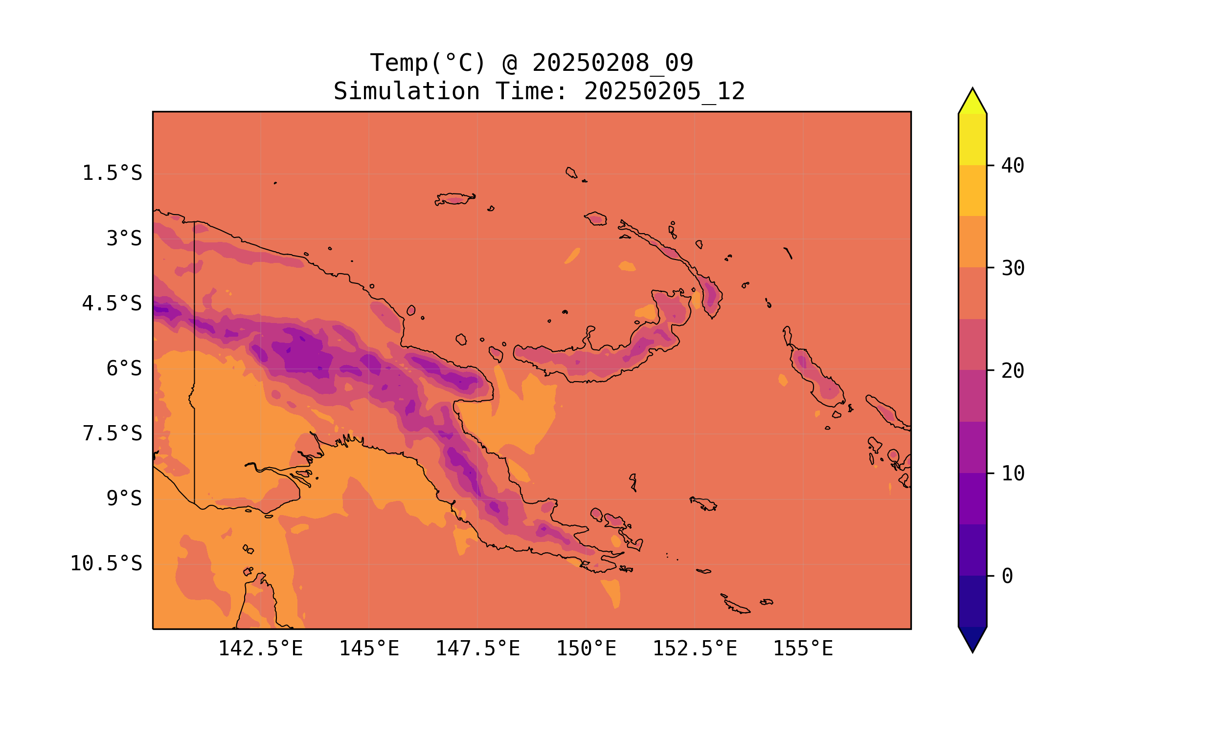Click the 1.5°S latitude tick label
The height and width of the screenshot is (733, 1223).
pyautogui.click(x=112, y=173)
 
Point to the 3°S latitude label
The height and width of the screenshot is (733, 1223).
pyautogui.click(x=124, y=238)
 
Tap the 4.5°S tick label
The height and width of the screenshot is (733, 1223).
pyautogui.click(x=112, y=304)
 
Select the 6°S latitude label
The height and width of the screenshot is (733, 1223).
pyautogui.click(x=124, y=368)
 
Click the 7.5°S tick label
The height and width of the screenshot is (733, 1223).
pyautogui.click(x=112, y=433)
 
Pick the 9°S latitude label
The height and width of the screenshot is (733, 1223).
pyautogui.click(x=124, y=498)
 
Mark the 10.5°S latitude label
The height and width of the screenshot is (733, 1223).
pyautogui.click(x=106, y=563)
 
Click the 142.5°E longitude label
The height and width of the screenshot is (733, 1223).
pyautogui.click(x=260, y=648)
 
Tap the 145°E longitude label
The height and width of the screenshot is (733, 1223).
pyautogui.click(x=369, y=648)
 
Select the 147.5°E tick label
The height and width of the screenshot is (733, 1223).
pyautogui.click(x=477, y=648)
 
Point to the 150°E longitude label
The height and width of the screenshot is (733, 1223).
pyautogui.click(x=586, y=648)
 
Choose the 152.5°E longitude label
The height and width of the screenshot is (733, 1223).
pyautogui.click(x=695, y=648)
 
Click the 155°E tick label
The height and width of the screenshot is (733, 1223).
pyautogui.click(x=803, y=648)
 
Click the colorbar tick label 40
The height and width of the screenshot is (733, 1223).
pyautogui.click(x=1013, y=166)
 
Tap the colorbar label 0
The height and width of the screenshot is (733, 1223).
pyautogui.click(x=1007, y=576)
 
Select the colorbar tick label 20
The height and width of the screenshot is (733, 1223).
pyautogui.click(x=1013, y=371)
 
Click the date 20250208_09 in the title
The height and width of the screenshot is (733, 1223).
pyautogui.click(x=612, y=63)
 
